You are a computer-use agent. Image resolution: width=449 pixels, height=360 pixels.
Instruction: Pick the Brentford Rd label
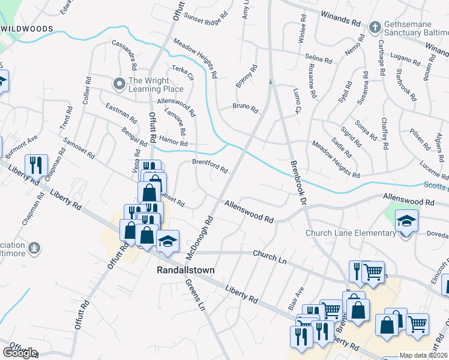click(209, 166)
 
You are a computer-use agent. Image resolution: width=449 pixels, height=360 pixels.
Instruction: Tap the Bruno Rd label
click(245, 109)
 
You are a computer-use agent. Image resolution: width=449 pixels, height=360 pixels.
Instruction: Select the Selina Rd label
click(318, 58)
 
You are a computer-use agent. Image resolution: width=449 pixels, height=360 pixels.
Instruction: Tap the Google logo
click(20, 353)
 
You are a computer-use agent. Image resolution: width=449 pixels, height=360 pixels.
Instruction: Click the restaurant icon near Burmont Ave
click(36, 165)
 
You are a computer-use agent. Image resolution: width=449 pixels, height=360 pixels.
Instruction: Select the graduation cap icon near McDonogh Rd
click(167, 241)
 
